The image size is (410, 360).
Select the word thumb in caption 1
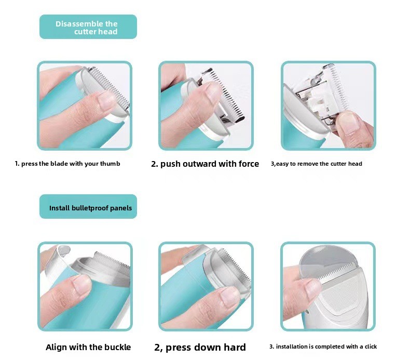click(x=110, y=164)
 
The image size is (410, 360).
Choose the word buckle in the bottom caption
click(x=117, y=347)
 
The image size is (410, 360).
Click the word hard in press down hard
click(x=235, y=347)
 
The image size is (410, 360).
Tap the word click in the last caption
click(x=371, y=346)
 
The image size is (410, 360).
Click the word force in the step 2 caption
click(x=249, y=164)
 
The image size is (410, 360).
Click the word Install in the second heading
click(x=59, y=208)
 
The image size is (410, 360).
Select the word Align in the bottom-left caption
click(x=56, y=348)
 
